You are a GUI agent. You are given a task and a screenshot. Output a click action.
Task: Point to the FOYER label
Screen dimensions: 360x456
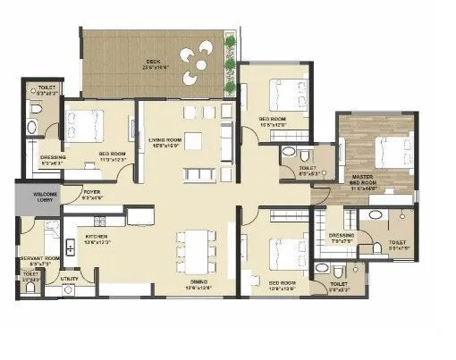click(x=93, y=195)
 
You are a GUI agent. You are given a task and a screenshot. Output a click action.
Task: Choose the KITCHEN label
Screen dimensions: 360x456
click(x=97, y=236)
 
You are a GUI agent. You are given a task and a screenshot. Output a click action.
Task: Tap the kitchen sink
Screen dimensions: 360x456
click(x=70, y=244)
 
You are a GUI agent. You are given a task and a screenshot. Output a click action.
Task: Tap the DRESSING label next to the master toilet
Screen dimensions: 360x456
click(x=342, y=238)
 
